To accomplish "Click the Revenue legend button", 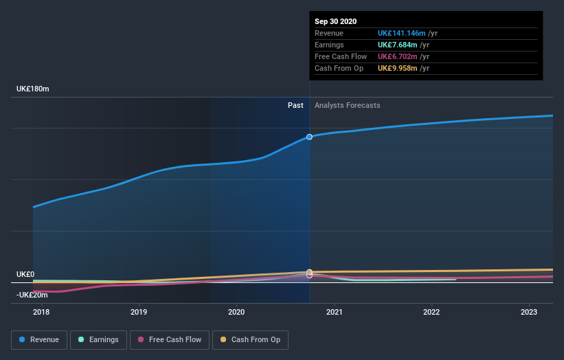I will pyautogui.click(x=39, y=339).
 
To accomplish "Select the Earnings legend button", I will pyautogui.click(x=99, y=339).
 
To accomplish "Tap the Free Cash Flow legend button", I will pyautogui.click(x=169, y=339).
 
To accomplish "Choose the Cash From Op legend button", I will pyautogui.click(x=251, y=339).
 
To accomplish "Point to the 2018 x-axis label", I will pyautogui.click(x=41, y=313).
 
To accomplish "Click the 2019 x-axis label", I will pyautogui.click(x=139, y=313).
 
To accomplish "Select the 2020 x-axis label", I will pyautogui.click(x=236, y=313).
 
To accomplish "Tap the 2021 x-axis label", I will pyautogui.click(x=335, y=313).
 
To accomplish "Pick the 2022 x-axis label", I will pyautogui.click(x=431, y=313).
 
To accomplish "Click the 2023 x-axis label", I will pyautogui.click(x=529, y=313).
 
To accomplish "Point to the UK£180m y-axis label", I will pyautogui.click(x=33, y=89).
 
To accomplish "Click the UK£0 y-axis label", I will pyautogui.click(x=25, y=274).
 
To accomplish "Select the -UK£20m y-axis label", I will pyautogui.click(x=32, y=295).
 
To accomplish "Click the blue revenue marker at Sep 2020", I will pyautogui.click(x=309, y=137).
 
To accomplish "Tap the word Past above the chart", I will pyautogui.click(x=295, y=105).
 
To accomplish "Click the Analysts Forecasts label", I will pyautogui.click(x=347, y=105).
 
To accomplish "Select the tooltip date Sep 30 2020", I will pyautogui.click(x=336, y=21).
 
